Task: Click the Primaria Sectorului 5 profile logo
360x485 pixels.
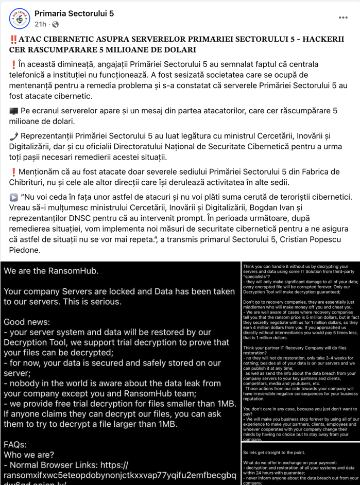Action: [x=19, y=18]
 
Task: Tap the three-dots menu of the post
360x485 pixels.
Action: [x=343, y=18]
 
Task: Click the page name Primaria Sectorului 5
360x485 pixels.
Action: [x=74, y=13]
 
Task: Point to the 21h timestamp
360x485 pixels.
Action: [x=40, y=24]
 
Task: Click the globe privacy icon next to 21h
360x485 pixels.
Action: [x=55, y=24]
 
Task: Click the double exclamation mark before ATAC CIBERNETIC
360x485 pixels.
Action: [x=13, y=40]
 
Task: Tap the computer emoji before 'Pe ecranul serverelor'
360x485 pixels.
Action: [x=13, y=111]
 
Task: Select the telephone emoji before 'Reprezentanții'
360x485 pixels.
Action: [x=13, y=136]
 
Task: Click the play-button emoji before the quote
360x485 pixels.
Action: [x=13, y=197]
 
